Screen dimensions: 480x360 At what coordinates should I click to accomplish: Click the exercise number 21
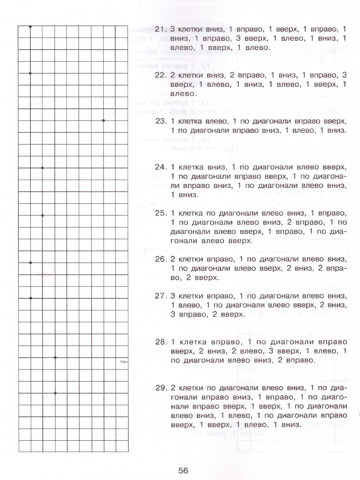[160, 29]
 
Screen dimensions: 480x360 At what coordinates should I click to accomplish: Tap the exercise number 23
[160, 121]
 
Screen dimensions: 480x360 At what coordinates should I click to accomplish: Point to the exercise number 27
[160, 296]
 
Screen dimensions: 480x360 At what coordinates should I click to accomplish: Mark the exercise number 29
[160, 388]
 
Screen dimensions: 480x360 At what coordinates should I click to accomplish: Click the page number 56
[180, 470]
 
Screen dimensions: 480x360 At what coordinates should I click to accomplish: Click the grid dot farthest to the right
[103, 120]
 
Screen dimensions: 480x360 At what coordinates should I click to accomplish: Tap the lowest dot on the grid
[55, 393]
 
